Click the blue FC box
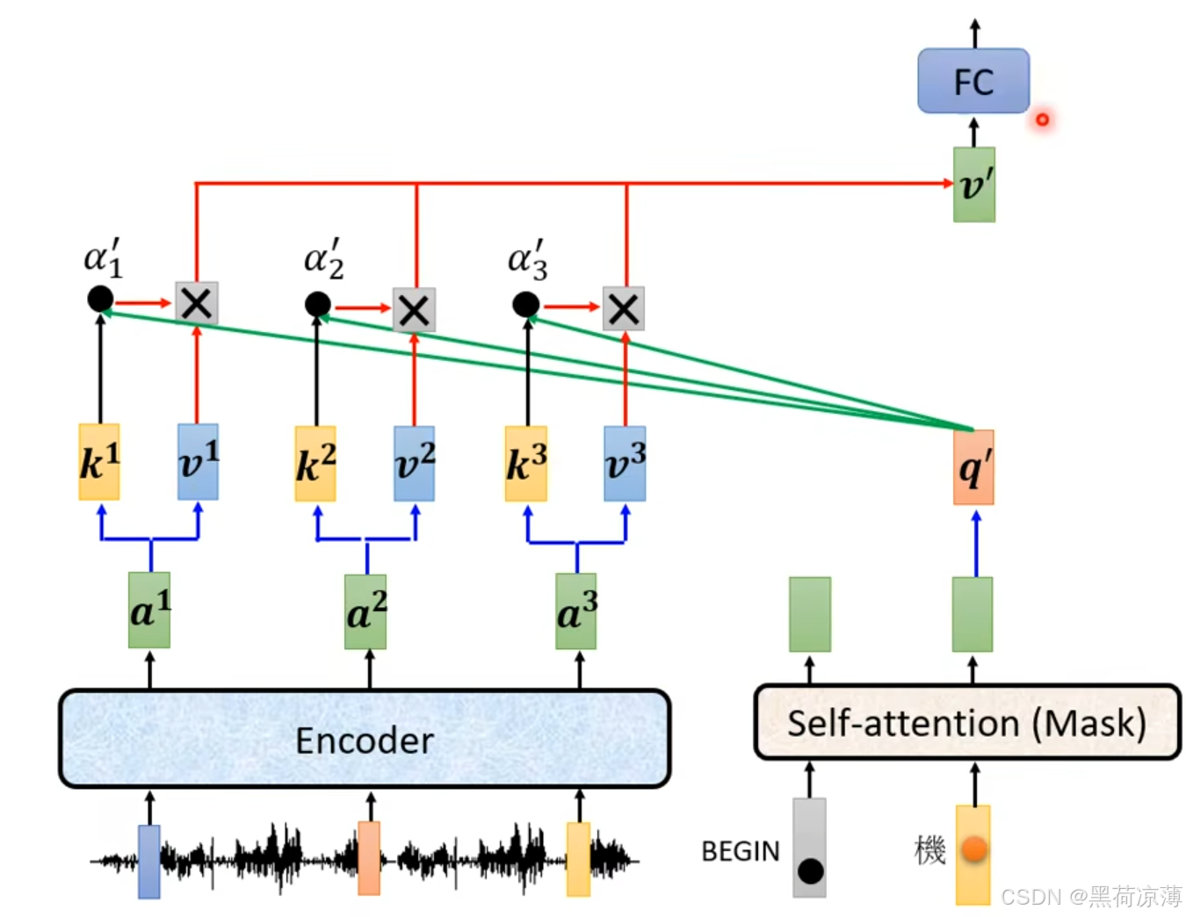point(973,81)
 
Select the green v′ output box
point(973,184)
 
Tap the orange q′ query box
point(973,466)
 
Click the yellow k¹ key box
point(98,461)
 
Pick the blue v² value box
point(415,463)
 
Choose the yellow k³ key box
point(525,463)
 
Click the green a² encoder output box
point(365,611)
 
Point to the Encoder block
point(365,739)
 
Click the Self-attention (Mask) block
point(966,722)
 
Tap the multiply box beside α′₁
point(197,303)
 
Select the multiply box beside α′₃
point(623,308)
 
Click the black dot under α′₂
point(317,304)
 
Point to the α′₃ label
point(527,260)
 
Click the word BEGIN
point(740,851)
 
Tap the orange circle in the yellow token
point(974,848)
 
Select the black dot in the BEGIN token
point(811,870)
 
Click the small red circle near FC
point(1042,119)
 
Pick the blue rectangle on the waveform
point(149,861)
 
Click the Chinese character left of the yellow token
point(929,850)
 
